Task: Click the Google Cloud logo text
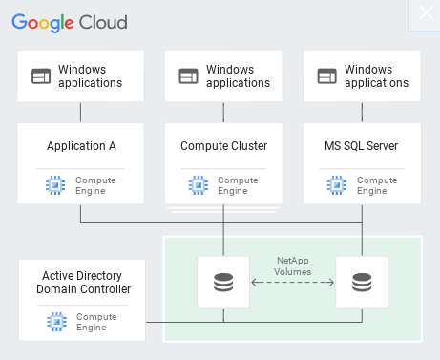coord(69,21)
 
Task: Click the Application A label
coord(81,146)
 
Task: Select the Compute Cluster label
coord(223,146)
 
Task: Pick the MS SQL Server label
coord(362,146)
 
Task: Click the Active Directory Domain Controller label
coord(82,283)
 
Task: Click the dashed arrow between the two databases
coord(292,283)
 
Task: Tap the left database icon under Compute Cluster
coord(223,283)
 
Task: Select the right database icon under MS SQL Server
coord(362,283)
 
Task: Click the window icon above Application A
coord(41,75)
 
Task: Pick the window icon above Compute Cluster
coord(189,75)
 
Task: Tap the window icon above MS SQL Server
coord(327,75)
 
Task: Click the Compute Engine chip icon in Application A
coord(55,184)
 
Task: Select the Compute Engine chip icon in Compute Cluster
coord(198,184)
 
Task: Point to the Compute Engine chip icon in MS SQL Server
coord(336,184)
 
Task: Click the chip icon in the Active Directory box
coord(55,322)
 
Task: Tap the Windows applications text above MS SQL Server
coord(376,75)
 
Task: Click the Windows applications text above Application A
coord(90,75)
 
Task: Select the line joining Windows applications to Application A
coord(81,112)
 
